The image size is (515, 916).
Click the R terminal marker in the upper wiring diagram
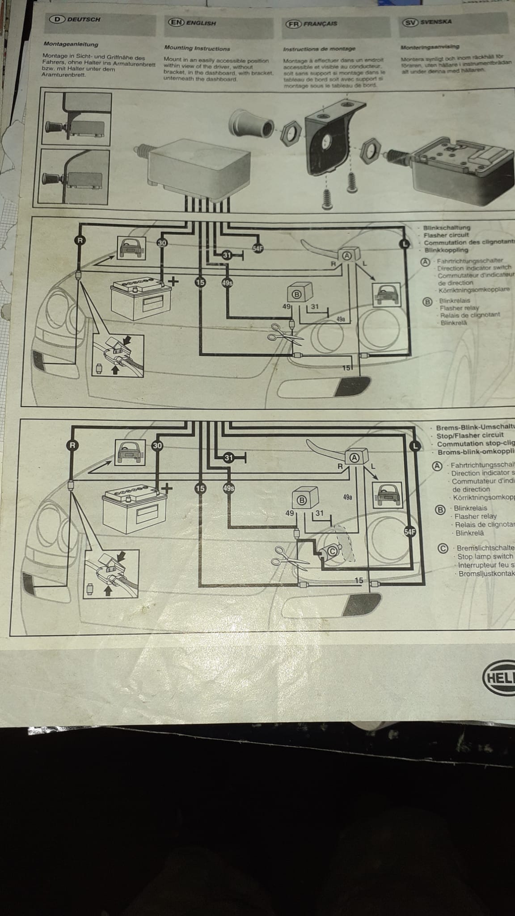[79, 240]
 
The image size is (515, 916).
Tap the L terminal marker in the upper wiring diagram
[404, 243]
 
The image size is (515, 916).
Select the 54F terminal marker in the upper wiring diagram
[258, 248]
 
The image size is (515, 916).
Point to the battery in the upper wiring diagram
[141, 299]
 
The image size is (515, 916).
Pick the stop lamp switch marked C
[333, 551]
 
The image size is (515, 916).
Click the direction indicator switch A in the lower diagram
[355, 457]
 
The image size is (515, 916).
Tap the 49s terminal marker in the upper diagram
[227, 283]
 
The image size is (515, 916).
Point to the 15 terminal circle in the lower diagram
[200, 488]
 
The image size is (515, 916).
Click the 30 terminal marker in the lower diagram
[157, 445]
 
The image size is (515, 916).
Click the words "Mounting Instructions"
[197, 48]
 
